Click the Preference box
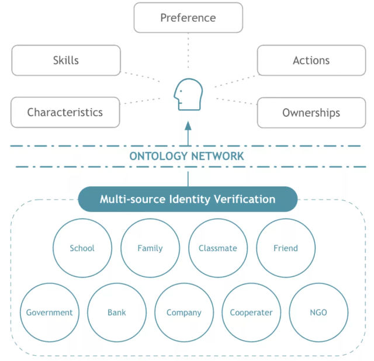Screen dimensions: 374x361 (x=188, y=18)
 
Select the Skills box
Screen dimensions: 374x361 (x=66, y=60)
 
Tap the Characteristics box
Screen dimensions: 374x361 (x=65, y=112)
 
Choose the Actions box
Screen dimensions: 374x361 (x=311, y=60)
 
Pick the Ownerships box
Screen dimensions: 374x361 (x=311, y=113)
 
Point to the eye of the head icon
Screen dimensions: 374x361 (x=181, y=91)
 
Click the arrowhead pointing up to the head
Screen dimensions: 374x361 (x=188, y=126)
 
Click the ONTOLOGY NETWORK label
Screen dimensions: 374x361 (x=186, y=156)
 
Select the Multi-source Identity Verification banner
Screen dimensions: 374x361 (x=188, y=199)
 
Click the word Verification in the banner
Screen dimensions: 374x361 (x=245, y=199)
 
